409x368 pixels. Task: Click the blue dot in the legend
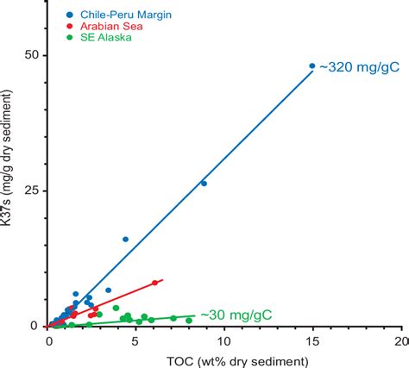coord(68,16)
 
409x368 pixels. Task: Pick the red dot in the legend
coord(68,27)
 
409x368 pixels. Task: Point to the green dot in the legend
coord(68,38)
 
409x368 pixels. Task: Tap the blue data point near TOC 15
coord(312,65)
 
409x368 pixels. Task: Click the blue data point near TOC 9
coord(204,183)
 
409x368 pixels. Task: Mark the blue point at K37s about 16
coord(125,239)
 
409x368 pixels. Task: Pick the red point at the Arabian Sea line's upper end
coord(155,283)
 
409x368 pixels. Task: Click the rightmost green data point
coord(189,320)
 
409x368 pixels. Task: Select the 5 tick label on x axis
coord(136,341)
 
